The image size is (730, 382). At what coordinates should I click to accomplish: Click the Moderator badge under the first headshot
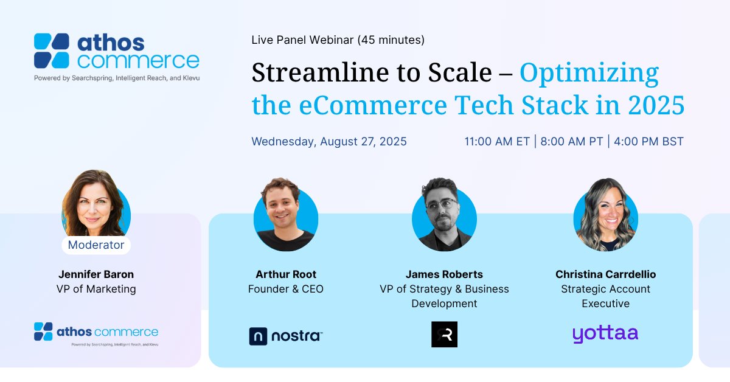pos(96,245)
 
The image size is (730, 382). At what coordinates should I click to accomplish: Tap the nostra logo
pos(285,336)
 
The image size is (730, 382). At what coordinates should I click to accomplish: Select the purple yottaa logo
pos(605,335)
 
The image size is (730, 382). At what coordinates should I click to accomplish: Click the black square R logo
pos(444,335)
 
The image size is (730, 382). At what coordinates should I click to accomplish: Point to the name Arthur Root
pos(286,274)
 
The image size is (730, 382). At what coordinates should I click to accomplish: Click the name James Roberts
pos(444,274)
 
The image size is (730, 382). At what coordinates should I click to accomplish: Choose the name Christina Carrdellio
pos(605,274)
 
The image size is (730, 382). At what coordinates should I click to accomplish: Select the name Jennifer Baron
pos(96,274)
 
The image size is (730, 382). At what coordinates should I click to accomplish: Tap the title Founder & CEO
pos(286,289)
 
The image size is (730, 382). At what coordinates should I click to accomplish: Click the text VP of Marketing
pos(96,289)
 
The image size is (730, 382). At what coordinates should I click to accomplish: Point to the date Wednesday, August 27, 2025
pos(329,142)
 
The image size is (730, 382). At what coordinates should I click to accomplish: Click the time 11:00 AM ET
pos(498,142)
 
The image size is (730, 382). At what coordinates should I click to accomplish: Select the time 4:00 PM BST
pos(648,142)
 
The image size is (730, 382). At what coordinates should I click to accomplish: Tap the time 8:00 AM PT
pos(571,142)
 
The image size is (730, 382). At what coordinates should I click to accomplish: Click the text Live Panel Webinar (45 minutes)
pos(338,40)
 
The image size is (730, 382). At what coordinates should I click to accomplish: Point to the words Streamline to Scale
pos(371,73)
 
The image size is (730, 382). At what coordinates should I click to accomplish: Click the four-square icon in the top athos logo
pos(52,51)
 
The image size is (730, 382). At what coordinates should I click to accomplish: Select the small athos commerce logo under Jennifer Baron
pos(96,333)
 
